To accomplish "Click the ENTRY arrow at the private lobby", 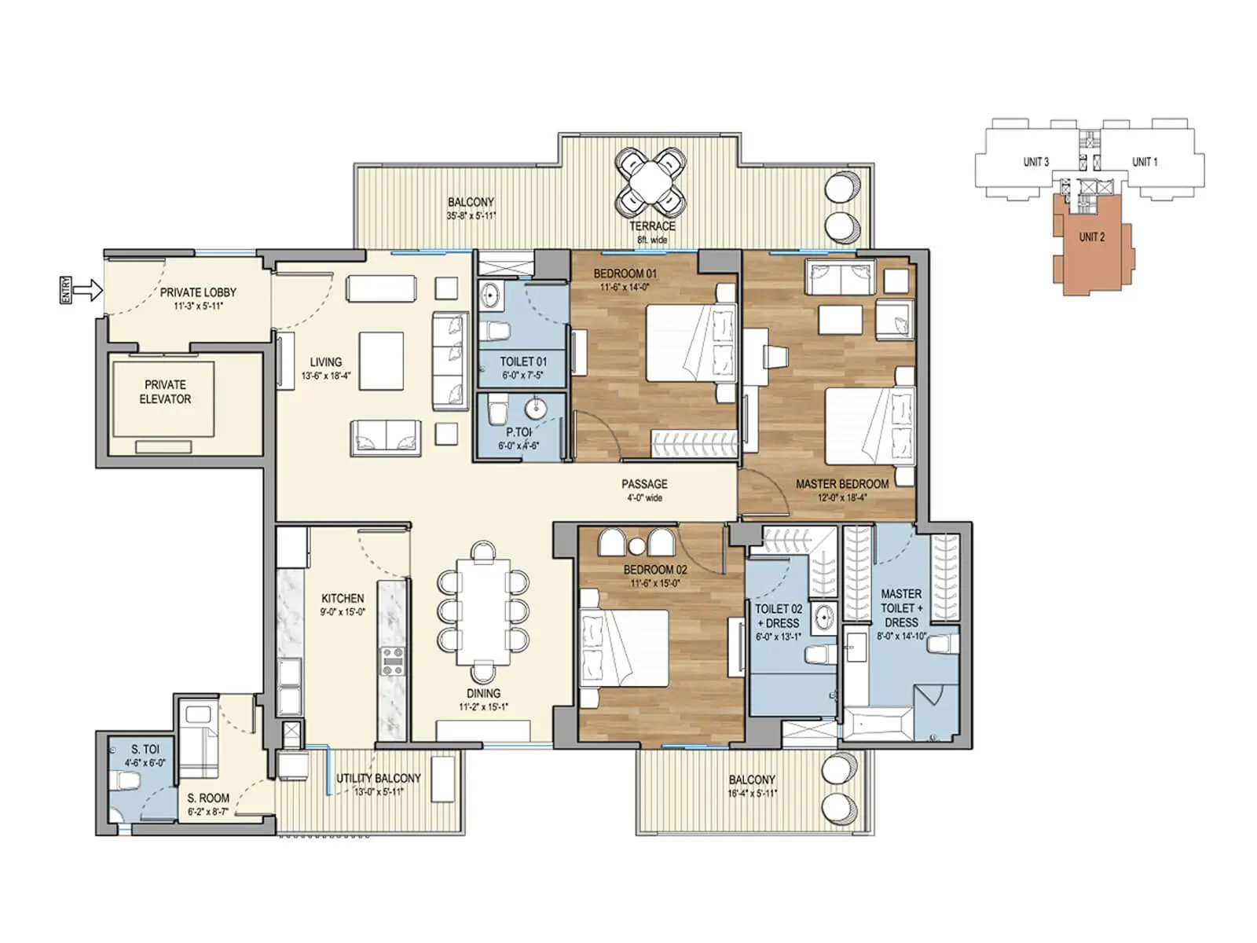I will [x=91, y=290].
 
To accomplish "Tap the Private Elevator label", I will [x=165, y=391].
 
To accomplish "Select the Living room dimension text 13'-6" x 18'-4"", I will [x=325, y=376].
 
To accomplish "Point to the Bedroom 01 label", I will [x=625, y=273].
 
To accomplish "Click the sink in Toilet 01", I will [x=490, y=296].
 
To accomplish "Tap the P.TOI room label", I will [x=519, y=432].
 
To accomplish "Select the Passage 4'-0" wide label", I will [x=644, y=490].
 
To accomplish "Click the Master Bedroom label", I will [x=841, y=484].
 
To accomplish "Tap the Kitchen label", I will [x=343, y=598].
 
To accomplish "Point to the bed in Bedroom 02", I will [x=625, y=647].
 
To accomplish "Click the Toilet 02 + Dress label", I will [x=778, y=615].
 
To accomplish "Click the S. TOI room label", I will [x=145, y=749].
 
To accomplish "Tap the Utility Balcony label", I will [x=378, y=778].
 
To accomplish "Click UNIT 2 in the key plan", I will [x=1091, y=237].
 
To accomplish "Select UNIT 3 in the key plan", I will [x=1035, y=162].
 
